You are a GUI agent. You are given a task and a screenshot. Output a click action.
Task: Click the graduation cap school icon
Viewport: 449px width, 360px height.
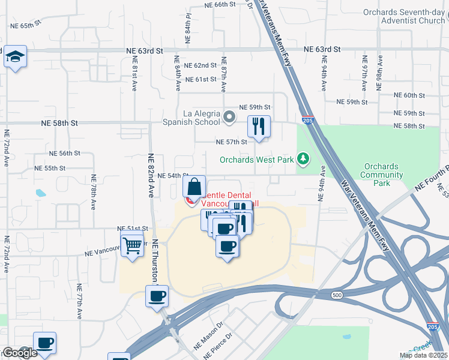click(x=14, y=58)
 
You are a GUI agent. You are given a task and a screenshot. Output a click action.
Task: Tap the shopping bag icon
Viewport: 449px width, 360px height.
click(x=194, y=186)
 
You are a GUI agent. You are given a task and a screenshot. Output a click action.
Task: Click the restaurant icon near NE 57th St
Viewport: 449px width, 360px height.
click(x=259, y=127)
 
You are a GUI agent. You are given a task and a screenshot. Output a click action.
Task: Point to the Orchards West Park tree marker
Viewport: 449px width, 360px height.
click(x=304, y=159)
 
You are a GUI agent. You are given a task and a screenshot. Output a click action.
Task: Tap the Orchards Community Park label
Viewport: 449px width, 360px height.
click(x=381, y=175)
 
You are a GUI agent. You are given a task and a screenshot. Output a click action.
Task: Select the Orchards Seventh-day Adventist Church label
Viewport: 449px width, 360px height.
click(x=404, y=16)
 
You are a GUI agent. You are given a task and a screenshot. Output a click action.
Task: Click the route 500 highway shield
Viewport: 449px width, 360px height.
click(x=336, y=295)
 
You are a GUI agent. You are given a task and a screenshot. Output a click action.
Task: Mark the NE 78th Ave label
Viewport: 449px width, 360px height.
click(x=94, y=192)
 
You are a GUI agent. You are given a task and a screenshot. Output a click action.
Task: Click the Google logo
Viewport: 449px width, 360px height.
click(x=20, y=353)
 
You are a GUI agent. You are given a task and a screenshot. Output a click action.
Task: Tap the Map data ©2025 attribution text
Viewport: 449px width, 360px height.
click(x=423, y=355)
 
